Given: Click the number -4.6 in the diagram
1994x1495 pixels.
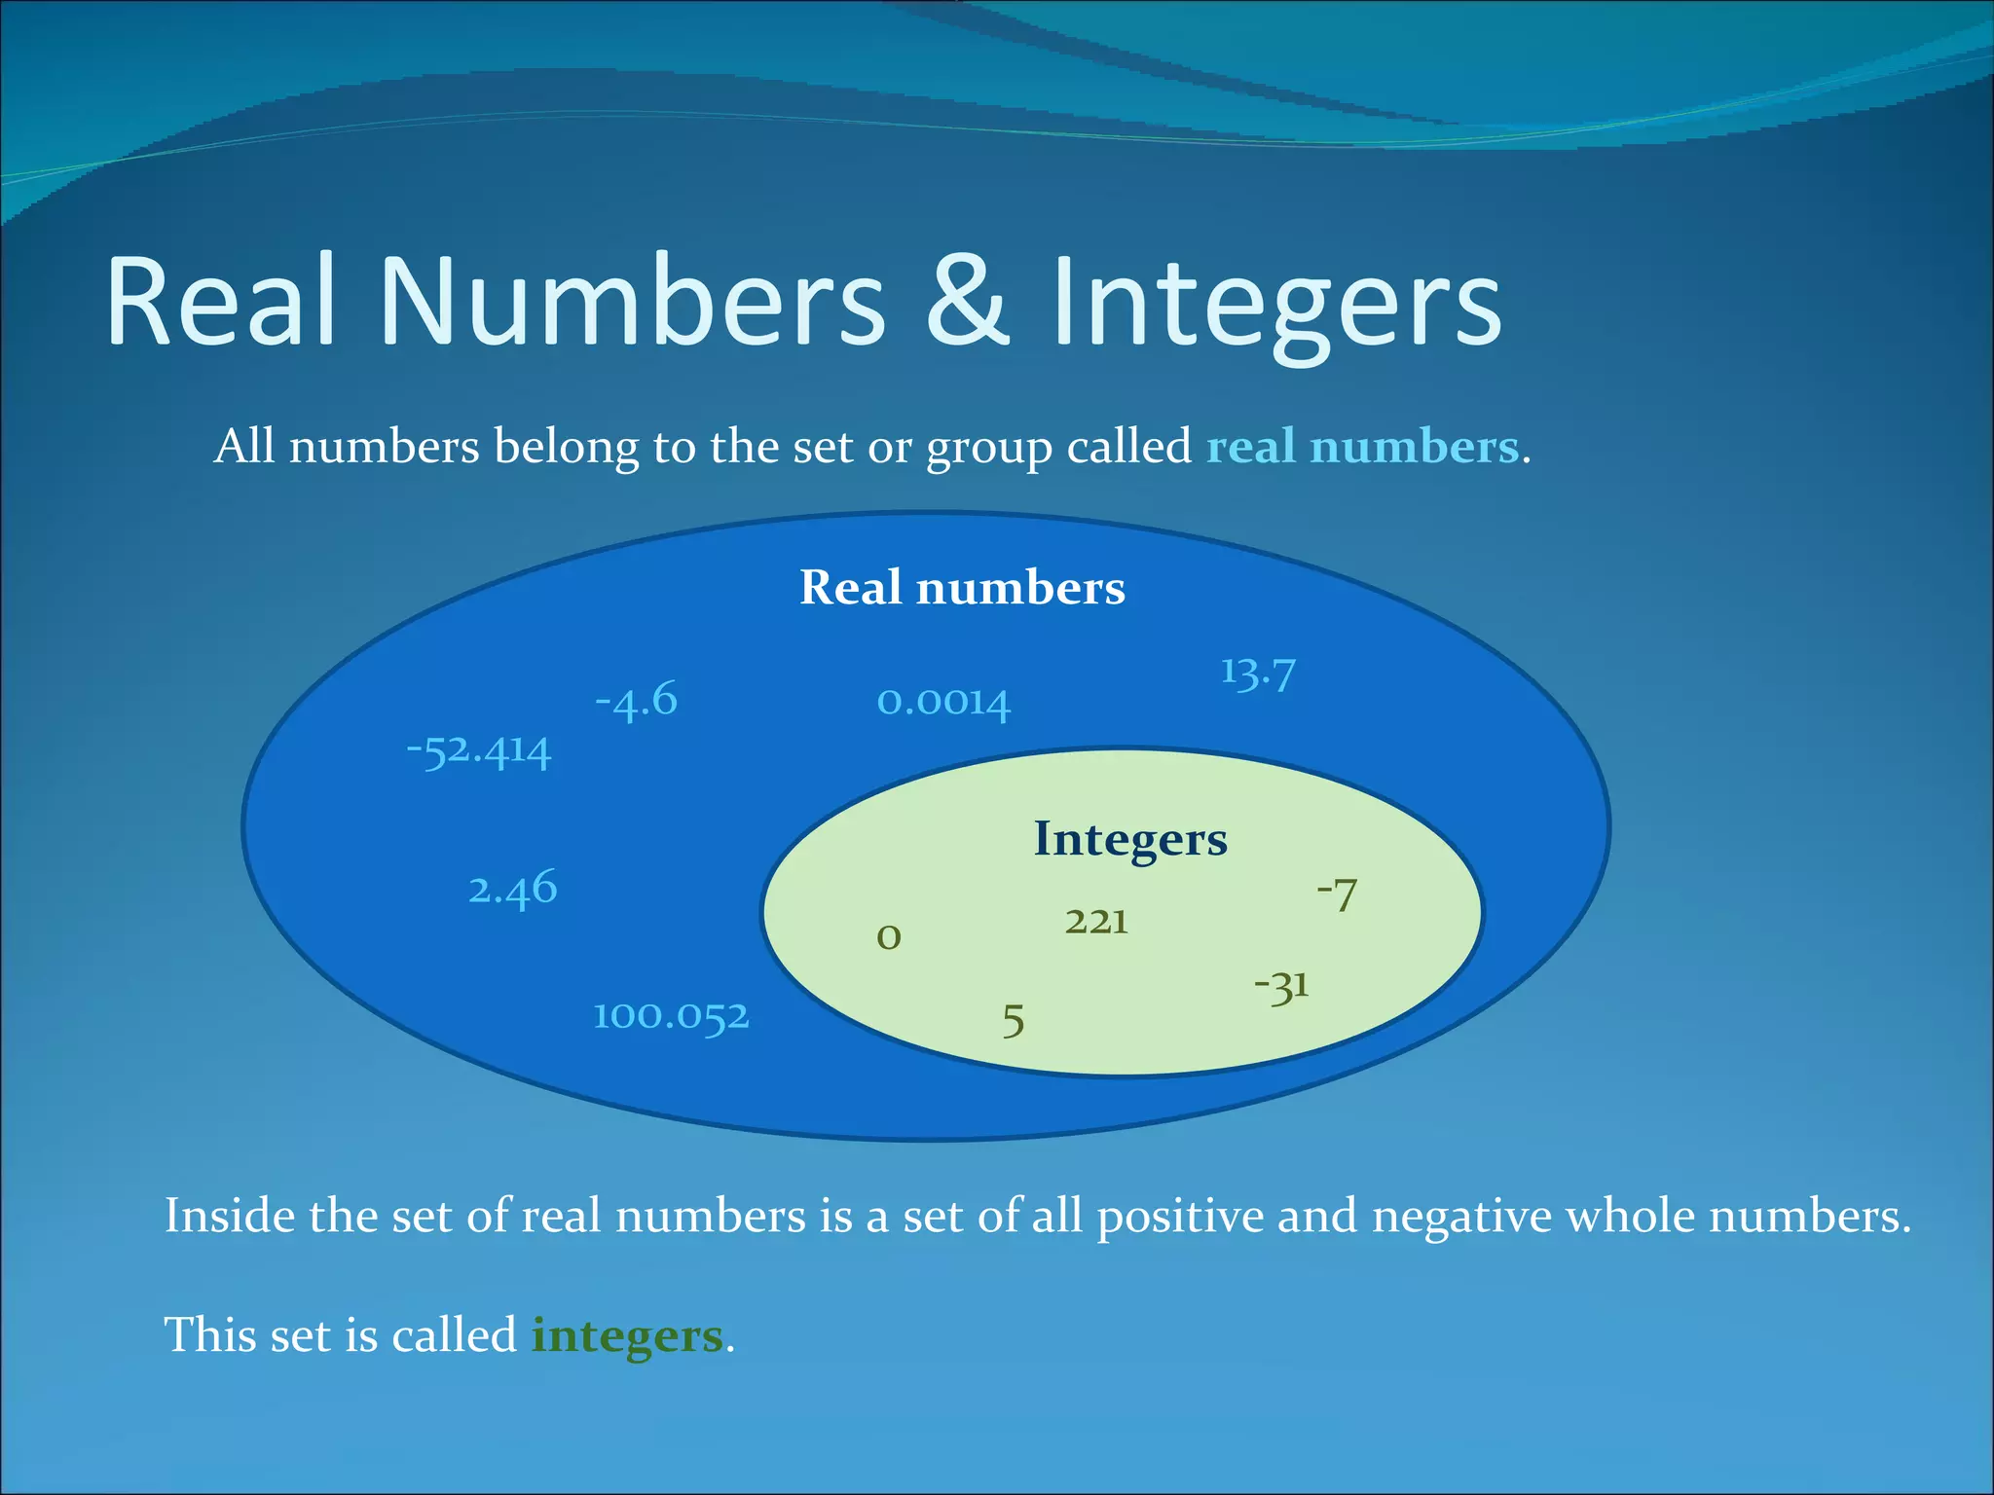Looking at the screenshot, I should pyautogui.click(x=636, y=700).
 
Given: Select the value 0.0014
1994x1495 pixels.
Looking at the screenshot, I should pyautogui.click(x=943, y=702).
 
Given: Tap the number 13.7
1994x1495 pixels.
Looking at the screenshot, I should pyautogui.click(x=1258, y=673).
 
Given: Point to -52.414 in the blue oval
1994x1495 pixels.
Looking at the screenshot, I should pyautogui.click(x=479, y=750).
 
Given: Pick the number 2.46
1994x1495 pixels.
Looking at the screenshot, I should pyautogui.click(x=513, y=889).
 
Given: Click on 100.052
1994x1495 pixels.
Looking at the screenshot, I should pyautogui.click(x=672, y=1016).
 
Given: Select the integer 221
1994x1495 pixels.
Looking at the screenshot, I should pyautogui.click(x=1096, y=921).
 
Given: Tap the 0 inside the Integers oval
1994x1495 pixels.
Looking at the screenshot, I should pyautogui.click(x=889, y=937).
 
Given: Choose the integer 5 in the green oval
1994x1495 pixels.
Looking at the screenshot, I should pyautogui.click(x=1014, y=1021).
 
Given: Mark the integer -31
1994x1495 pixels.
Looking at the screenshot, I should pyautogui.click(x=1281, y=987).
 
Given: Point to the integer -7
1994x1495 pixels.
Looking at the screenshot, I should pyautogui.click(x=1337, y=894).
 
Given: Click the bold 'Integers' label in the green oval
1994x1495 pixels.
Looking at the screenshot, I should pyautogui.click(x=1130, y=839).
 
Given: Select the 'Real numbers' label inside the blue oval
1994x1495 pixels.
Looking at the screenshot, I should pyautogui.click(x=962, y=588).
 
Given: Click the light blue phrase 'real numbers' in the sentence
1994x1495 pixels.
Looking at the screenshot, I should pyautogui.click(x=1362, y=448).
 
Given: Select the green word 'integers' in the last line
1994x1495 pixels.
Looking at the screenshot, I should pyautogui.click(x=627, y=1335).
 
